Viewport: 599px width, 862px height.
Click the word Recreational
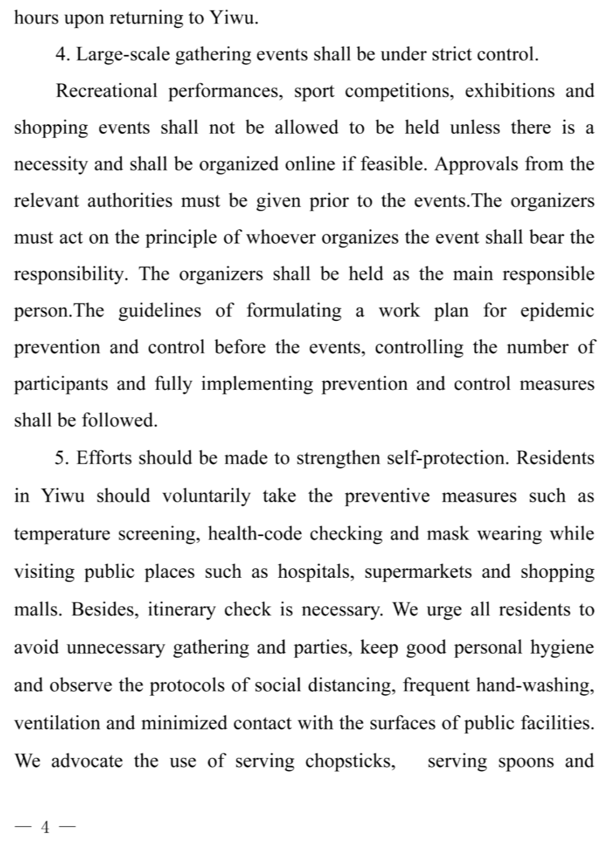(106, 91)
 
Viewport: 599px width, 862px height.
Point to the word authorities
(129, 201)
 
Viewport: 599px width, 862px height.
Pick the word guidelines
(159, 311)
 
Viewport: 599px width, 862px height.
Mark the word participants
(61, 384)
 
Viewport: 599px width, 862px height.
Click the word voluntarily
(206, 496)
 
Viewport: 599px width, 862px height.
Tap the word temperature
(62, 534)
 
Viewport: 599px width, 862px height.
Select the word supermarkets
(418, 572)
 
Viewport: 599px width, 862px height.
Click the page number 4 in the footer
(46, 828)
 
